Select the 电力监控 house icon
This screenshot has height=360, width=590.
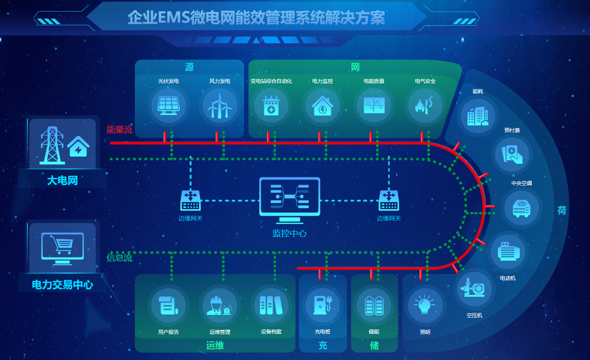322,106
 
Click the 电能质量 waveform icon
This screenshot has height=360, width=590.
374,105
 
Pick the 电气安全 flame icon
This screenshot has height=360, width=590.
424,105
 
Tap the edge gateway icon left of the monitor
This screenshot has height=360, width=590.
190,201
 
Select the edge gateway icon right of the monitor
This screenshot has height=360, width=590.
388,201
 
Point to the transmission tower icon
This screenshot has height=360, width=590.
52,145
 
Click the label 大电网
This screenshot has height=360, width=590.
62,180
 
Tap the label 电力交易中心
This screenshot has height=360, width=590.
62,285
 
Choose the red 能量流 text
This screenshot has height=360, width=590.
119,130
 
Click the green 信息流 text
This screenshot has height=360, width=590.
119,258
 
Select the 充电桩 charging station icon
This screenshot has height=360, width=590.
322,305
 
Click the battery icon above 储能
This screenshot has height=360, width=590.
374,305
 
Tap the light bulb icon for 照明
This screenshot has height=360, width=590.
424,304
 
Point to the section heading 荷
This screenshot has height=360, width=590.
562,210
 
